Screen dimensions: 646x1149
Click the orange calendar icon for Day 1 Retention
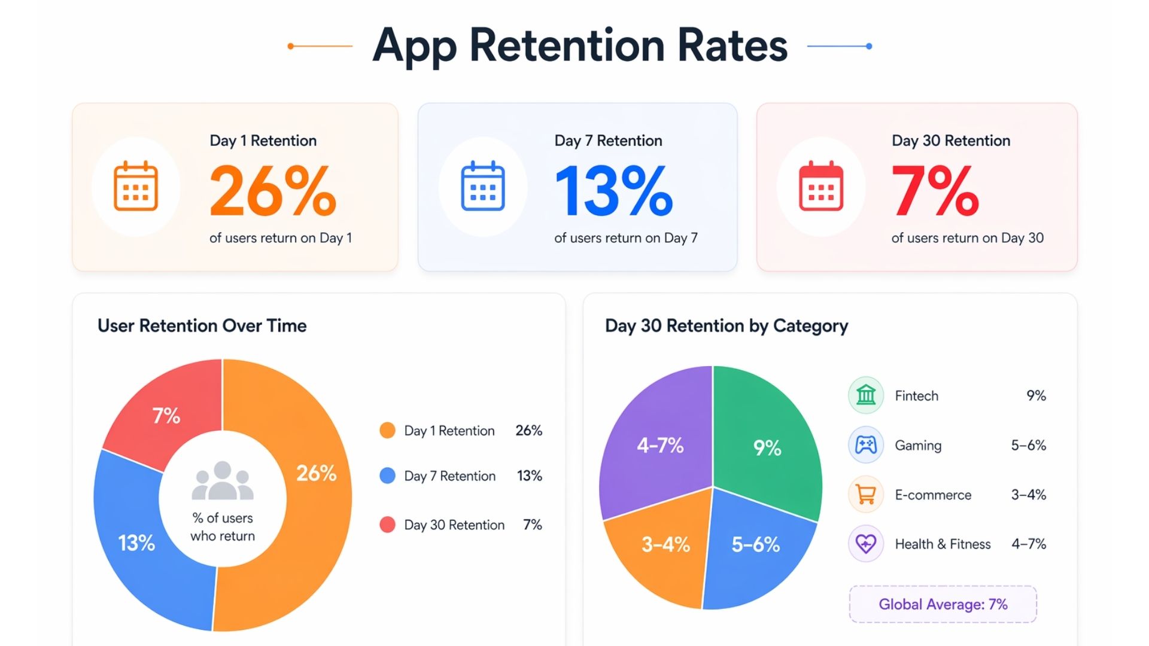tap(136, 186)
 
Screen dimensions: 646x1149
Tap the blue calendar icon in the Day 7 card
tap(482, 186)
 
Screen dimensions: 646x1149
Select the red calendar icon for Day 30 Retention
tap(821, 186)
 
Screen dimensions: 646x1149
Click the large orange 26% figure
tap(273, 191)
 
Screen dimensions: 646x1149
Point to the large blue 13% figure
tap(614, 191)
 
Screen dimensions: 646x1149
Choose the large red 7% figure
tap(935, 191)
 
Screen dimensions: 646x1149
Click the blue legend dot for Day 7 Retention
tap(387, 476)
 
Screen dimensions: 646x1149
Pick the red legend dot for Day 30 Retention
tap(387, 525)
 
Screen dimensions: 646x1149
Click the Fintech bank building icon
tap(866, 395)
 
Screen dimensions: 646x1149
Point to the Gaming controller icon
tap(866, 445)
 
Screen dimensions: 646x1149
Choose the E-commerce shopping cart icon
tap(866, 495)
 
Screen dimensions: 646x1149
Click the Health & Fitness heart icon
tap(866, 544)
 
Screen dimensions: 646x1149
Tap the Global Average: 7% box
tap(943, 604)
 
